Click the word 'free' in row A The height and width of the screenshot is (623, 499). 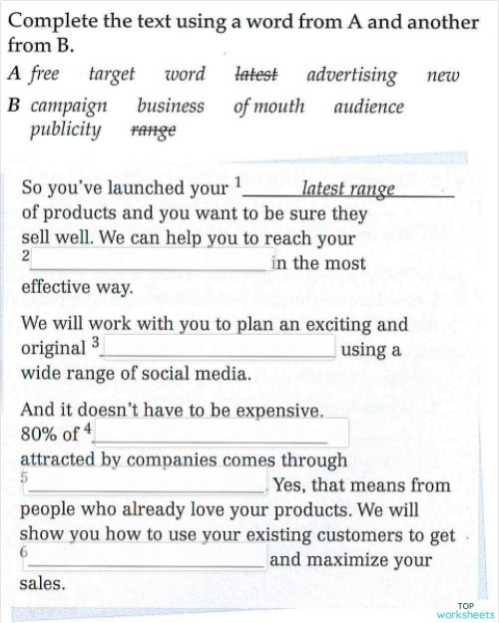tap(45, 74)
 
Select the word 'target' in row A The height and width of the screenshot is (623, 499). tap(112, 74)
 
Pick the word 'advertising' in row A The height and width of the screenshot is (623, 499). tap(351, 75)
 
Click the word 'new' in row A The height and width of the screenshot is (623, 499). tap(442, 75)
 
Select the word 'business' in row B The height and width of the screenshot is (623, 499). tap(171, 105)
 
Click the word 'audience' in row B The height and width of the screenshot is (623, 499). tap(369, 106)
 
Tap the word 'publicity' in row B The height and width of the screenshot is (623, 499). tap(66, 130)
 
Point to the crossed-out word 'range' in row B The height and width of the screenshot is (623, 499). tap(153, 131)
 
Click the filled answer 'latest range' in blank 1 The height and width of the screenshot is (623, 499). tap(348, 187)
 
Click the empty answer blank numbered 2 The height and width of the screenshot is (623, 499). tap(149, 261)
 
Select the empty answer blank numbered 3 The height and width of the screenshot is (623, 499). tap(219, 346)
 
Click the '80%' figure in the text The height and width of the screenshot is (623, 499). tap(40, 435)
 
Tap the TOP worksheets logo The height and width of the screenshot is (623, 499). tap(464, 610)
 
